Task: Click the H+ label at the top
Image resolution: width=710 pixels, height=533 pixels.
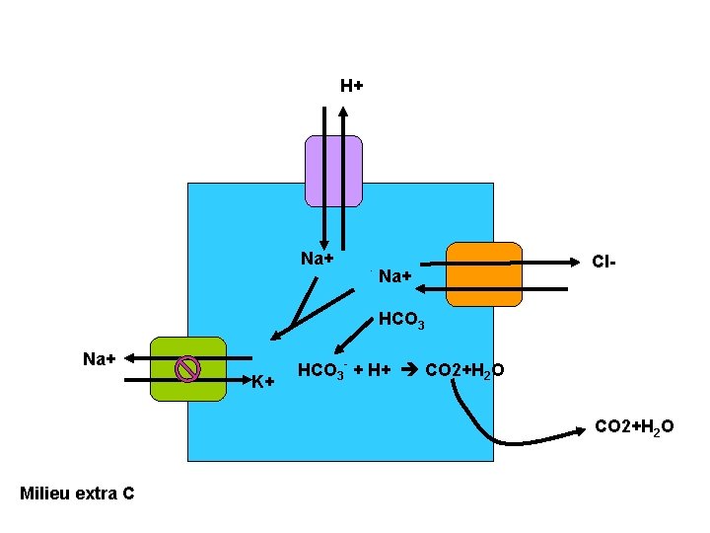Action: click(x=351, y=86)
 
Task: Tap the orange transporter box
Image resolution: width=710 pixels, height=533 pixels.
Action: click(x=483, y=274)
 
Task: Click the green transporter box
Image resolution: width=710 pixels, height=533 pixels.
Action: click(x=187, y=369)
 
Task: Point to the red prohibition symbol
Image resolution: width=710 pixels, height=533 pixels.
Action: click(x=187, y=368)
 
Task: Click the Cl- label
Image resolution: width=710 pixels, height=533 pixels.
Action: click(x=603, y=263)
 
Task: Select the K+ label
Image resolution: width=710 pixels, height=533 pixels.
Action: click(x=261, y=382)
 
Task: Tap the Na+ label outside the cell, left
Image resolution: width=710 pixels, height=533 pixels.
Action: click(x=100, y=358)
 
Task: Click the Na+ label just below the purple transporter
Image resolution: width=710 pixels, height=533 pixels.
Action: click(x=317, y=259)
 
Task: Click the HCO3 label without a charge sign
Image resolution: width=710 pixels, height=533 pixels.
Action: click(x=401, y=322)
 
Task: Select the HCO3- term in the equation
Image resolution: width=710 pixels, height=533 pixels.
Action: click(x=321, y=371)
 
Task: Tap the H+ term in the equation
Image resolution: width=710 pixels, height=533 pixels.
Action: click(x=380, y=370)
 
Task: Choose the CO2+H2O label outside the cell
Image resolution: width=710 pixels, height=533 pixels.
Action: click(x=634, y=426)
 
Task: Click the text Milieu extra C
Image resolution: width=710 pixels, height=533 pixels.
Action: click(x=77, y=493)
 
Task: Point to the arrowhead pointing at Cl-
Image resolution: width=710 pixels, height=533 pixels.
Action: click(x=573, y=263)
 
